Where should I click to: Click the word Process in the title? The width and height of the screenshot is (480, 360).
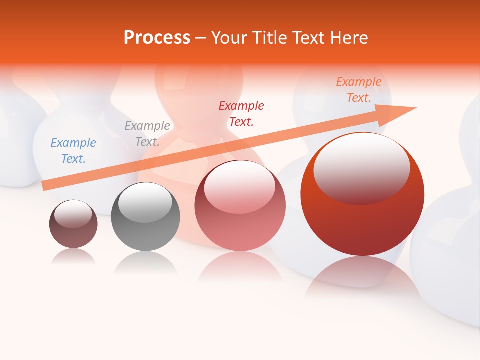tap(157, 37)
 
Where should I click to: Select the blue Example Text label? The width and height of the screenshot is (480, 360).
tap(73, 150)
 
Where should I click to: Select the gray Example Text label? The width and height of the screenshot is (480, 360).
tap(147, 133)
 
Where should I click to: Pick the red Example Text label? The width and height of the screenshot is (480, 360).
tap(241, 113)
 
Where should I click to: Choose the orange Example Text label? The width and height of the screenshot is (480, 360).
tap(359, 90)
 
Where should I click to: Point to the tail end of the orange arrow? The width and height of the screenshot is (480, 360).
tap(45, 186)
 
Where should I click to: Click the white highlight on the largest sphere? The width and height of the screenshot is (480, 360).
tap(361, 167)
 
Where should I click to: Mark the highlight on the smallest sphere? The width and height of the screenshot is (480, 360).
tap(73, 214)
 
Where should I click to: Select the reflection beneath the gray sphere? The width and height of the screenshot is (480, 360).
tap(145, 262)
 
